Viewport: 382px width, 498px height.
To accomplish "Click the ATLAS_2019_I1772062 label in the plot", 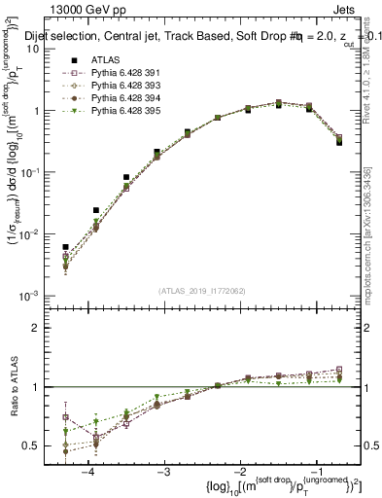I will tap(203, 290).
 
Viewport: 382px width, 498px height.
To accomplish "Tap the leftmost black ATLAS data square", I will tap(66, 247).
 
